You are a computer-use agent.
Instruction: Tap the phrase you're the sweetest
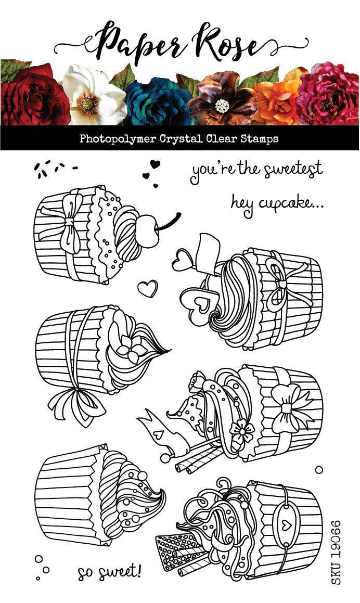[x=257, y=170]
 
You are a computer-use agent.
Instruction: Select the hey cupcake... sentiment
[x=277, y=201]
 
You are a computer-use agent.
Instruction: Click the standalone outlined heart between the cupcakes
[x=148, y=288]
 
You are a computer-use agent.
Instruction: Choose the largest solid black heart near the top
[x=155, y=164]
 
